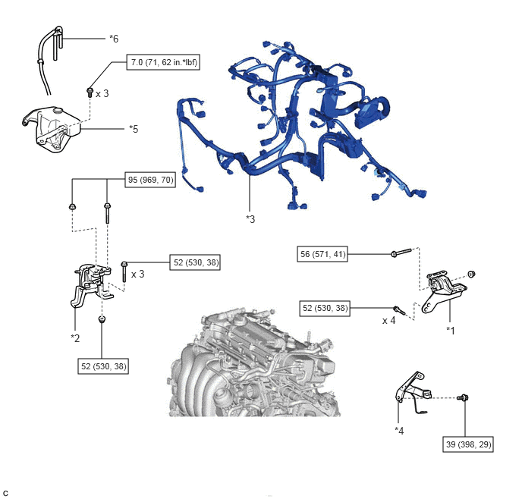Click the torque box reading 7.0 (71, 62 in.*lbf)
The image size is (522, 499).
162,63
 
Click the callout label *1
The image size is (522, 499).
451,330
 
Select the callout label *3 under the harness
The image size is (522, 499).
250,219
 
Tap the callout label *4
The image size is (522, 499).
399,430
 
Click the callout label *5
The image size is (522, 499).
134,129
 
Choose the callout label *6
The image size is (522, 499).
114,37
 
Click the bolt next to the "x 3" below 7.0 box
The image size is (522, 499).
90,93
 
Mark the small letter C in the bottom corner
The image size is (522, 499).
6,492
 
